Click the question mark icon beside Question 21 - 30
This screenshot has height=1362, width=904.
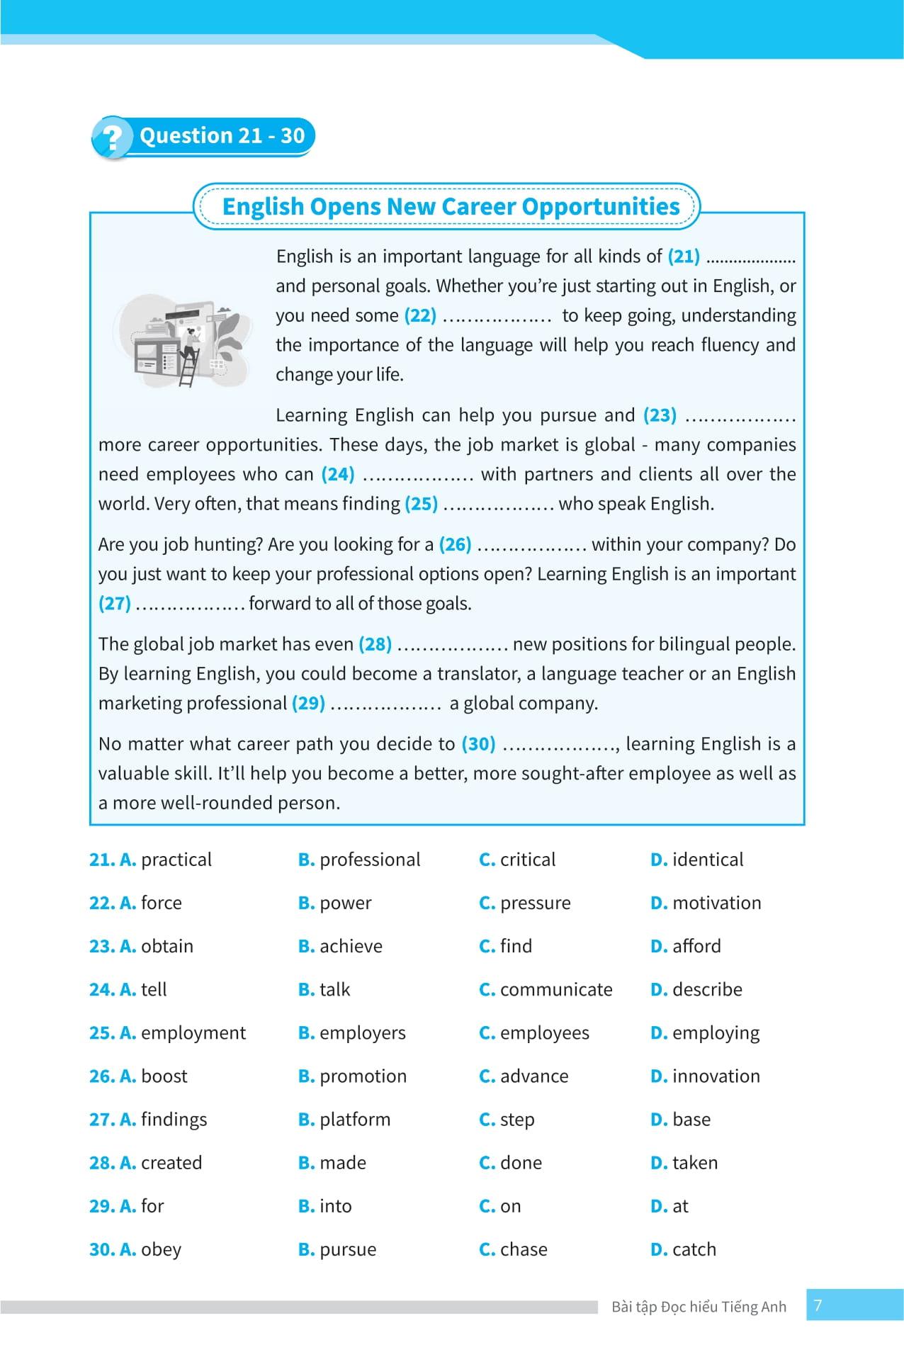click(111, 137)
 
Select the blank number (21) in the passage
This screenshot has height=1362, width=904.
click(684, 256)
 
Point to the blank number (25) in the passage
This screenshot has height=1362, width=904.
click(421, 504)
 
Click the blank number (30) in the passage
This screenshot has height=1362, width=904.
click(478, 744)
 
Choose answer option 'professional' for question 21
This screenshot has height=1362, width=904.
click(369, 860)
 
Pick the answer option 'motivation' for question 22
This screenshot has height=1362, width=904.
click(716, 903)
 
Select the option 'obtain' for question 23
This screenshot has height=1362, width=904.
click(166, 946)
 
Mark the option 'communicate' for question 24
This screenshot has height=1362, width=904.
click(555, 989)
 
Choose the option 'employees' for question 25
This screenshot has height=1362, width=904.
click(544, 1032)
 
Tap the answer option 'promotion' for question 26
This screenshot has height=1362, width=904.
click(363, 1076)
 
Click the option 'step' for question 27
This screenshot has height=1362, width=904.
click(516, 1120)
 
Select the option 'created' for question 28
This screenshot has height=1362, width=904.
click(171, 1163)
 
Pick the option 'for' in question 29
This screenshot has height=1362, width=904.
click(152, 1206)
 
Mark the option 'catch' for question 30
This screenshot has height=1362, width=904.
click(694, 1249)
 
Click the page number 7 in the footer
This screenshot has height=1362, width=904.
click(818, 1305)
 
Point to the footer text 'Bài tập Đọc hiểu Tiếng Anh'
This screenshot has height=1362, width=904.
click(699, 1307)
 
